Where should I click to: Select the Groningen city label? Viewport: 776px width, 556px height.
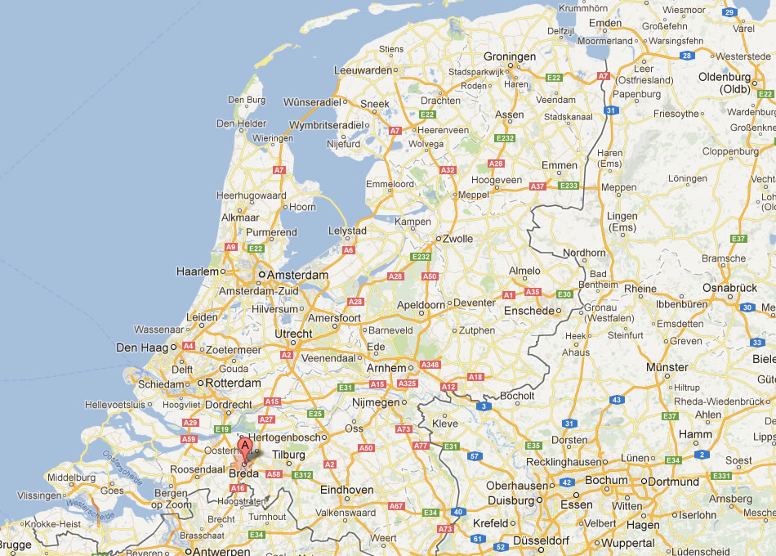(510, 56)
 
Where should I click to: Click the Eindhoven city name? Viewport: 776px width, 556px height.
(346, 490)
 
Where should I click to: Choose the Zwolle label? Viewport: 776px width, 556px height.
(457, 239)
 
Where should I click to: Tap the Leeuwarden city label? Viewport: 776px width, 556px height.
(363, 71)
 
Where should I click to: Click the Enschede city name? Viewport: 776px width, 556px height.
(528, 311)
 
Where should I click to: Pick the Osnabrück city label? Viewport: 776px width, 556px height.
(729, 288)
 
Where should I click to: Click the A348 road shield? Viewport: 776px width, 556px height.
(430, 365)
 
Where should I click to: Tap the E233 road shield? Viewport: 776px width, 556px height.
(569, 186)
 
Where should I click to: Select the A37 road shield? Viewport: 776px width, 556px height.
(537, 186)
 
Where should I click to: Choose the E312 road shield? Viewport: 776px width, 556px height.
(302, 474)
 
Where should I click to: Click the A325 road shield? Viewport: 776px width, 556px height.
(408, 383)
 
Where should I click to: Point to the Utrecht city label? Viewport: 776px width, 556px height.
(293, 334)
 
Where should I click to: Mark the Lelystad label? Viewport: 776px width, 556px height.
(347, 231)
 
